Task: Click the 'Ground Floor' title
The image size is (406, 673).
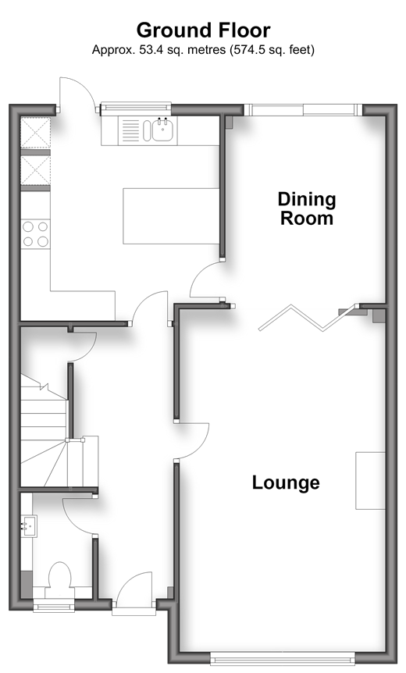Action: tap(204, 31)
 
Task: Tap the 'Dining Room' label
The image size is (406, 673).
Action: tap(306, 208)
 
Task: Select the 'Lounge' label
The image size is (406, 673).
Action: tap(286, 482)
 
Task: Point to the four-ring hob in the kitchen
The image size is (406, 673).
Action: tap(35, 233)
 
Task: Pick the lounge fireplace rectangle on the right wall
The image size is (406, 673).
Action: tap(370, 481)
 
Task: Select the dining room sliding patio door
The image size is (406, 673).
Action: tap(304, 110)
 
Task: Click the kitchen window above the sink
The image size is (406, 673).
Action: tap(136, 109)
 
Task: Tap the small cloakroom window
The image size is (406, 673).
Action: tap(54, 606)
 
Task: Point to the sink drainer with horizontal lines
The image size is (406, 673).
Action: tap(131, 130)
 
